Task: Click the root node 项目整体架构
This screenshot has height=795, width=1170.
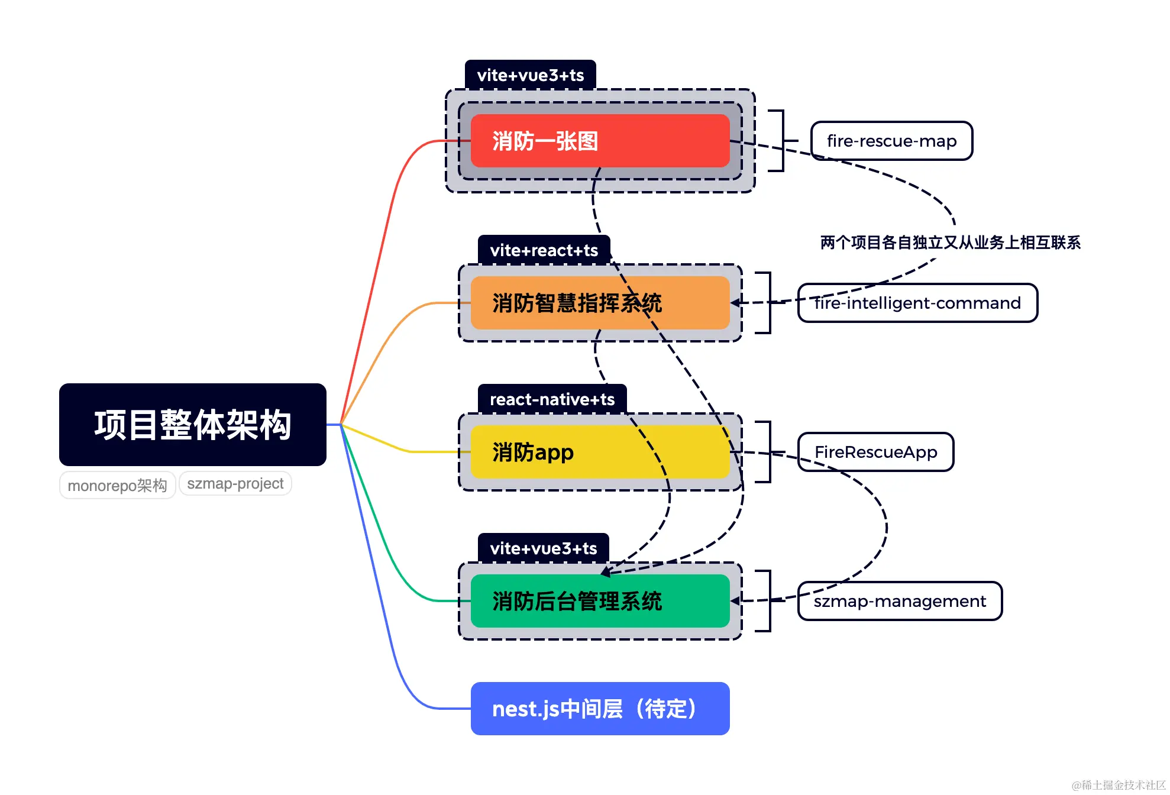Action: pyautogui.click(x=192, y=424)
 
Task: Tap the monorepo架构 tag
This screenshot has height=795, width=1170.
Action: pyautogui.click(x=117, y=485)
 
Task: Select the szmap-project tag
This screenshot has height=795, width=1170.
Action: pyautogui.click(x=235, y=483)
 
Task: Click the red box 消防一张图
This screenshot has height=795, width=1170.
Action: pyautogui.click(x=600, y=141)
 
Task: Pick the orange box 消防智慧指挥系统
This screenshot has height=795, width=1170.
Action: pyautogui.click(x=600, y=303)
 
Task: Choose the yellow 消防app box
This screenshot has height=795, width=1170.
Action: pyautogui.click(x=600, y=452)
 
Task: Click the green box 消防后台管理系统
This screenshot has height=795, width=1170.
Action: pyautogui.click(x=600, y=601)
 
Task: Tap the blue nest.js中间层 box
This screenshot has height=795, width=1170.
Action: pyautogui.click(x=600, y=709)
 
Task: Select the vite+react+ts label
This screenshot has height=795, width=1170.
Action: pyautogui.click(x=544, y=250)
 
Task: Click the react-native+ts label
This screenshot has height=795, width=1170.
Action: pyautogui.click(x=552, y=399)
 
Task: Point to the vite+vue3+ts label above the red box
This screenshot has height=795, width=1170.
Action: pyautogui.click(x=530, y=75)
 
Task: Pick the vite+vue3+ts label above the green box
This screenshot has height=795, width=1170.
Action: pyautogui.click(x=543, y=548)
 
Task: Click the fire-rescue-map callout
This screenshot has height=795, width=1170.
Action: pyautogui.click(x=891, y=141)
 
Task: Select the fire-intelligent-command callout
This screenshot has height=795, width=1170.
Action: pyautogui.click(x=917, y=303)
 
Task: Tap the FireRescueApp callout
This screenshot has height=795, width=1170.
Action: pyautogui.click(x=875, y=452)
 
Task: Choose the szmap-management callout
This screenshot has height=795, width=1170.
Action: pyautogui.click(x=900, y=601)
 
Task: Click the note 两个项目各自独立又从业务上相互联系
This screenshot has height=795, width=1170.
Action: pyautogui.click(x=950, y=243)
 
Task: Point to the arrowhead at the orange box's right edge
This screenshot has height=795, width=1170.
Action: pyautogui.click(x=736, y=303)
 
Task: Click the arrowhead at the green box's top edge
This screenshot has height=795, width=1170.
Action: pyautogui.click(x=605, y=571)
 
